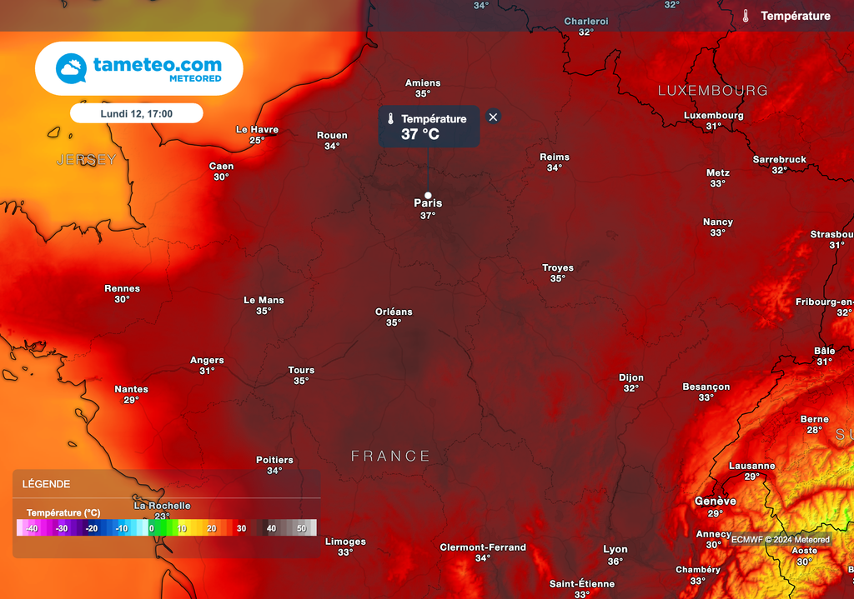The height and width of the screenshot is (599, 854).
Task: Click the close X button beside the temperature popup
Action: (x=493, y=117)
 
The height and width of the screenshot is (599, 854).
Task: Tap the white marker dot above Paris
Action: (x=428, y=195)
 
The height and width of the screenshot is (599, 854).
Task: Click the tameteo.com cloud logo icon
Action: (x=71, y=68)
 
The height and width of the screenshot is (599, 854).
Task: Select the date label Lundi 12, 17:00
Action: (x=136, y=113)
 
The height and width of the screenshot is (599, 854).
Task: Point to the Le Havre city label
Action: (x=257, y=130)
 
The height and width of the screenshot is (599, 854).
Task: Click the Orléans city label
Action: (x=394, y=312)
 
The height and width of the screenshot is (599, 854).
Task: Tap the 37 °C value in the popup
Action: (x=420, y=134)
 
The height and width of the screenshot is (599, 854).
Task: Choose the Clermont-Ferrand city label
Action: (x=483, y=547)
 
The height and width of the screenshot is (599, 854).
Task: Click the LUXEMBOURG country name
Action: (x=712, y=90)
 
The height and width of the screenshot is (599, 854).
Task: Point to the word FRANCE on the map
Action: (x=390, y=456)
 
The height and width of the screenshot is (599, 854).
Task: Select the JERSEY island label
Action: (x=87, y=159)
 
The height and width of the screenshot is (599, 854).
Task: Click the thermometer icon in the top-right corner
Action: (x=746, y=16)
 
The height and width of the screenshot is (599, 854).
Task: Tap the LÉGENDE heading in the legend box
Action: (x=46, y=484)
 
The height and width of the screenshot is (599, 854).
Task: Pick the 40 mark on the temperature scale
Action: (x=271, y=528)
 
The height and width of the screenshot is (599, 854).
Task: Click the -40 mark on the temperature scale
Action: (x=32, y=528)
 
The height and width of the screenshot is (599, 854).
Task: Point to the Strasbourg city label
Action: (x=831, y=235)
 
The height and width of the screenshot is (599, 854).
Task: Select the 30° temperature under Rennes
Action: (x=122, y=300)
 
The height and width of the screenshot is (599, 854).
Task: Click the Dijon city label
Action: (x=631, y=378)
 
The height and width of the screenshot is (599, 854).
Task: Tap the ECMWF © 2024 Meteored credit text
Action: (x=781, y=540)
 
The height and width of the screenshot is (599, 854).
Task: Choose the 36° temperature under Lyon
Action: (x=615, y=562)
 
